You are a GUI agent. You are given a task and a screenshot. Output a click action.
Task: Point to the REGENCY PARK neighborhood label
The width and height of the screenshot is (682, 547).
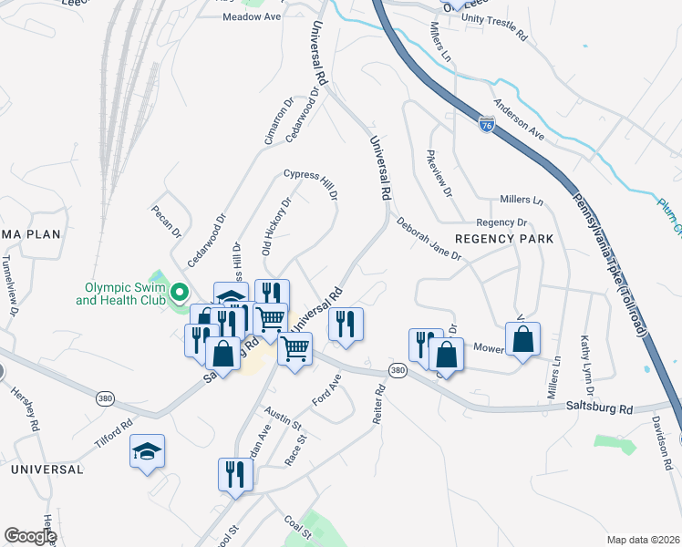[x=504, y=239]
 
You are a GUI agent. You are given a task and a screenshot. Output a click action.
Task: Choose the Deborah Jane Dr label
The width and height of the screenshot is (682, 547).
[x=429, y=237]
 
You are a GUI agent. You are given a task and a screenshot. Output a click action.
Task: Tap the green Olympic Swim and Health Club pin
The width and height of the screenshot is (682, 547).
[x=180, y=292]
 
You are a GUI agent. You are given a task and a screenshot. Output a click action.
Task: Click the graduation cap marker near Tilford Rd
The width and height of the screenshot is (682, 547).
[x=147, y=450]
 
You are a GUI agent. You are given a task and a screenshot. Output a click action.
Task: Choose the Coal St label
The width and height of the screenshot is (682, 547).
[x=297, y=526]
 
